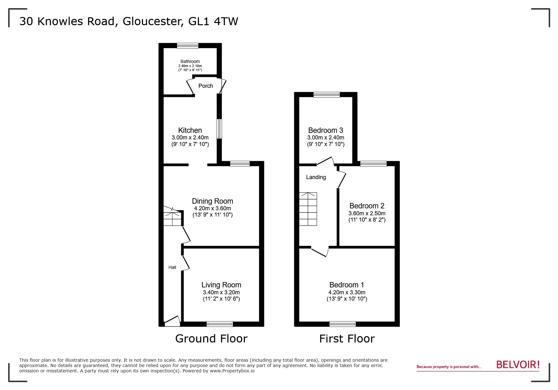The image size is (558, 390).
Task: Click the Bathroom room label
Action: [190, 61]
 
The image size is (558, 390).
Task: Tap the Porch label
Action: [206, 86]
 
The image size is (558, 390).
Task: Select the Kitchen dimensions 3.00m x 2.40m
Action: [190, 138]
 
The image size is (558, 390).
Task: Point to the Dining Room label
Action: [213, 201]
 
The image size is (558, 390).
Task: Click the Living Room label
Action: [221, 285]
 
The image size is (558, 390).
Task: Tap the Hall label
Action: [172, 267]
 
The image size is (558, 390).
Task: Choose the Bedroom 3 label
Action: [325, 130]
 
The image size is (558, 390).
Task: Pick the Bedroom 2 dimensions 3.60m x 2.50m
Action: [367, 213]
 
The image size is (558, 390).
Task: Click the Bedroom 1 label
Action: [347, 285]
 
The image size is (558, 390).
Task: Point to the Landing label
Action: [316, 177]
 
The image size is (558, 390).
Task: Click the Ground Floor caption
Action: [211, 339]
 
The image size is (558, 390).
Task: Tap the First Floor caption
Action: [347, 339]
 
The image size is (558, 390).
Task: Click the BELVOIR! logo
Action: [518, 365]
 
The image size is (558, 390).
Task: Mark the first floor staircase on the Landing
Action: [308, 209]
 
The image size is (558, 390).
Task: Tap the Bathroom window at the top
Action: [188, 46]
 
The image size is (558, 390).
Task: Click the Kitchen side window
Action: [219, 129]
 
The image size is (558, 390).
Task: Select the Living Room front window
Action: [220, 324]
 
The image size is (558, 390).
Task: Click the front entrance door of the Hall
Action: [172, 321]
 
